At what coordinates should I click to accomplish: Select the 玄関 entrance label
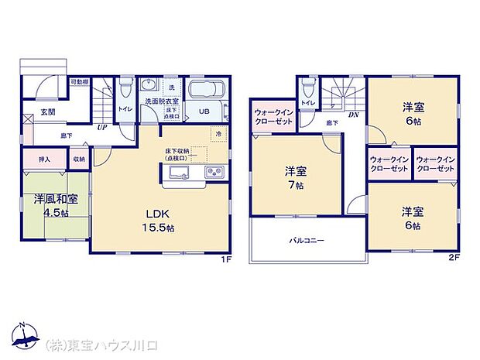[48, 111]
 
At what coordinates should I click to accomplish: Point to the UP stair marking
[101, 129]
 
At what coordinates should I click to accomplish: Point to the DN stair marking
[353, 115]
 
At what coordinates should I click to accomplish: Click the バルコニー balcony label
[308, 240]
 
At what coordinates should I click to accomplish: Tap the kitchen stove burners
[214, 171]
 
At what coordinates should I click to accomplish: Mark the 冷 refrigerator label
[219, 134]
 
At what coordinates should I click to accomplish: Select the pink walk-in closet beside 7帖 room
[273, 118]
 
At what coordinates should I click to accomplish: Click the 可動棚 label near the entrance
[79, 81]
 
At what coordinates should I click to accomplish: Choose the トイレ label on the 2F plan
[307, 102]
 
